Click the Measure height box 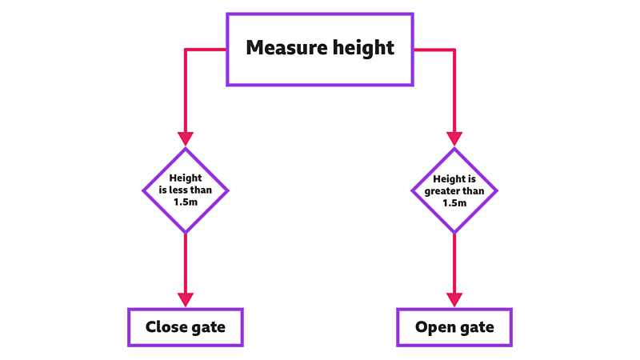(320, 49)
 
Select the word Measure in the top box (280, 48)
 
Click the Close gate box (186, 327)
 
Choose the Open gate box (454, 327)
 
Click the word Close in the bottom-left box (166, 327)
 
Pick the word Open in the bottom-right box (435, 327)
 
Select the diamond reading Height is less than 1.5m (186, 190)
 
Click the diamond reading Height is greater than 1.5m (454, 190)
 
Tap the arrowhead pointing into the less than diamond (186, 139)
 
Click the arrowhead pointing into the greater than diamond (454, 139)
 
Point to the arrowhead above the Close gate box (186, 299)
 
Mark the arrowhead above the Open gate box (454, 299)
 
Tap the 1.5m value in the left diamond (186, 202)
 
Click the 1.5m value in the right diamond (454, 203)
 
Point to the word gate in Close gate (207, 328)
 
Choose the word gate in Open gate (476, 328)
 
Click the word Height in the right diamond (448, 179)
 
